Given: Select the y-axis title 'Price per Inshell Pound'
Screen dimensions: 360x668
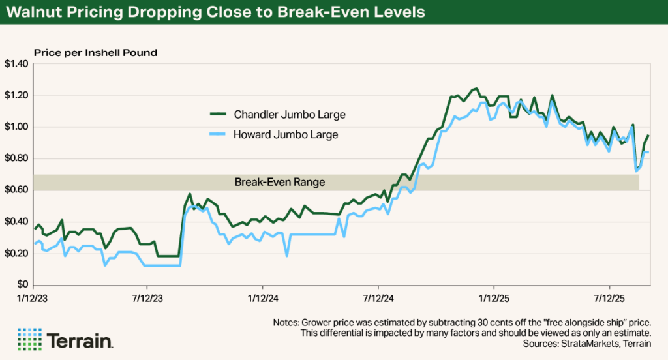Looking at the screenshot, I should point(95,52).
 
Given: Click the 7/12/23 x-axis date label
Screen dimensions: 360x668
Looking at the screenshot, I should point(147,297).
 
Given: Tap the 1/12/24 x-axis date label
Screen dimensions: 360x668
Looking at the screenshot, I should point(263,297).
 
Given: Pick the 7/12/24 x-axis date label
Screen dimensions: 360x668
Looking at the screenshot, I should point(378,297).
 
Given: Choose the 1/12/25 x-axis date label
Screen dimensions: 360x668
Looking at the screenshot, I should point(494,297).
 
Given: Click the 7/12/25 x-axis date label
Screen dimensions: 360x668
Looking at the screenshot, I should point(609,297).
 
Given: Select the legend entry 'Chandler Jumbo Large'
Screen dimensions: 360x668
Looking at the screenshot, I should point(290,115).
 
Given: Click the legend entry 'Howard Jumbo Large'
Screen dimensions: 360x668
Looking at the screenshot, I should point(286,135).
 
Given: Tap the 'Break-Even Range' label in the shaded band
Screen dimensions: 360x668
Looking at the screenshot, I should point(279,183).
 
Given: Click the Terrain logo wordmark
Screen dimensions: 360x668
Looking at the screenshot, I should point(80,340).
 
